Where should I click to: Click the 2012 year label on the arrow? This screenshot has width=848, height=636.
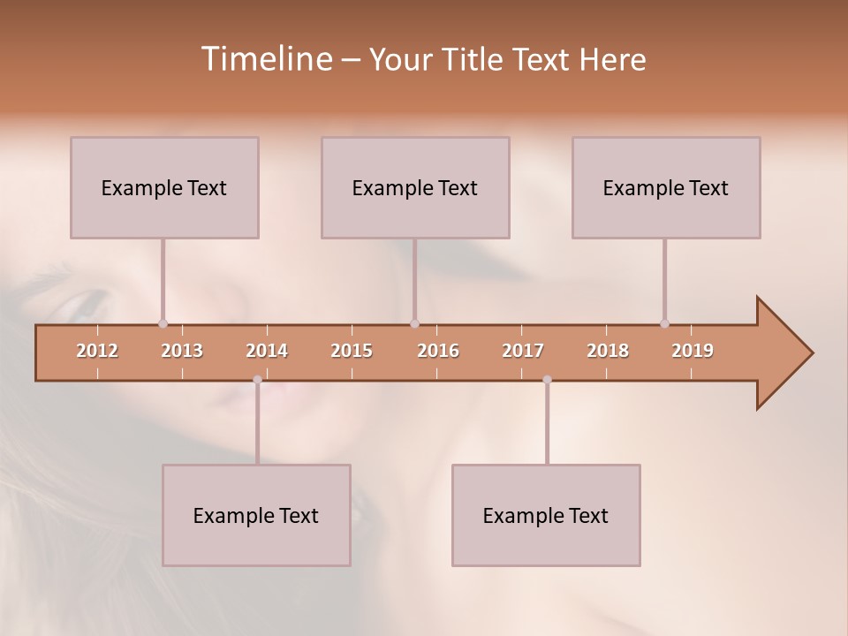coord(97,351)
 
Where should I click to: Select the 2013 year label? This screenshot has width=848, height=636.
coord(182,351)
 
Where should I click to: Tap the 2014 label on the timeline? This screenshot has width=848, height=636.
coord(267,351)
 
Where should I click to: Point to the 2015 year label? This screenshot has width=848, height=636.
coord(352,351)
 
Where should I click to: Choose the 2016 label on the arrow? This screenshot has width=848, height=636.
coord(438,351)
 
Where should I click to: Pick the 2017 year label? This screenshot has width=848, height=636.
coord(523,351)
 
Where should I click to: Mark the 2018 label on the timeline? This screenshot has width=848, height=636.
coord(608,351)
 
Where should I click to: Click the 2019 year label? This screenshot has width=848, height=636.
coord(693,351)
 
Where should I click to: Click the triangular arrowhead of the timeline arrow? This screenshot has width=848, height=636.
coord(783,352)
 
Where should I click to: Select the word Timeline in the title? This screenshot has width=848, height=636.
coord(266,59)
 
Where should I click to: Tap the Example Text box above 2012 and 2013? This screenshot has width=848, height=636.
coord(164,187)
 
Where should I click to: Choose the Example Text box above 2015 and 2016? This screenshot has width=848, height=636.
coord(415,187)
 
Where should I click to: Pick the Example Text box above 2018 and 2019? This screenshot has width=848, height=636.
coord(666,187)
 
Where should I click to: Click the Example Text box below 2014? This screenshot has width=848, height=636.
coord(256,515)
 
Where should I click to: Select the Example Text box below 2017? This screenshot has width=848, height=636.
coord(546,515)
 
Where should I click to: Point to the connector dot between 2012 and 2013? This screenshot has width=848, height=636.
coord(163,323)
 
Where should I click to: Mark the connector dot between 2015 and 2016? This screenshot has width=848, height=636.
coord(414,323)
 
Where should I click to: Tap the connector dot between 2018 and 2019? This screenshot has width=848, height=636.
coord(664,323)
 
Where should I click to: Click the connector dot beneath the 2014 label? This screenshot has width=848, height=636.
coord(257,380)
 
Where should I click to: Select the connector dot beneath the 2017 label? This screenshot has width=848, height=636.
coord(547,380)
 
